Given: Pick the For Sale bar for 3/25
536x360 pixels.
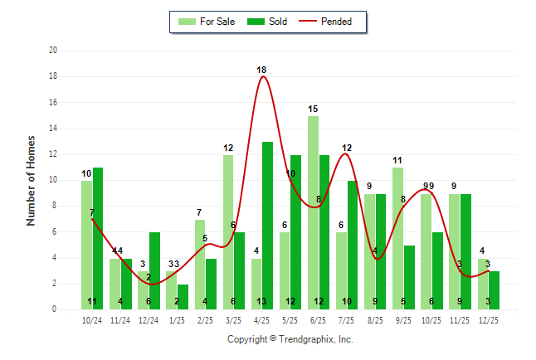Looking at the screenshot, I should coord(228,232).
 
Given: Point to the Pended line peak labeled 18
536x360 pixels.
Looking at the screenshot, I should coord(262,77).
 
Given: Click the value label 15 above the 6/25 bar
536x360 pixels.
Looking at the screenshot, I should coord(313,109).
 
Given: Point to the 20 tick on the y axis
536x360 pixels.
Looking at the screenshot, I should coord(53,51).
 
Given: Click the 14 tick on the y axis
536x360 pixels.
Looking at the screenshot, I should coord(53,129).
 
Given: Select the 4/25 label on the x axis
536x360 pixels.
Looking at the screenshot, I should coord(262,319).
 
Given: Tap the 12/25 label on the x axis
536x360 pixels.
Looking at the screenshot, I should coord(489,319).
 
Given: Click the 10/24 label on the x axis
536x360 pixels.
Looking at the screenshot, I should coord(92,319).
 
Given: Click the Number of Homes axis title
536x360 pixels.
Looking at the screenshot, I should coord(32,180).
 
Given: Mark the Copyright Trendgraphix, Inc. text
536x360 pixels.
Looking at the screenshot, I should coord(290,339).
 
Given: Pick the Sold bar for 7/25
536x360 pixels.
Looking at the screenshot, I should coord(353,246).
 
